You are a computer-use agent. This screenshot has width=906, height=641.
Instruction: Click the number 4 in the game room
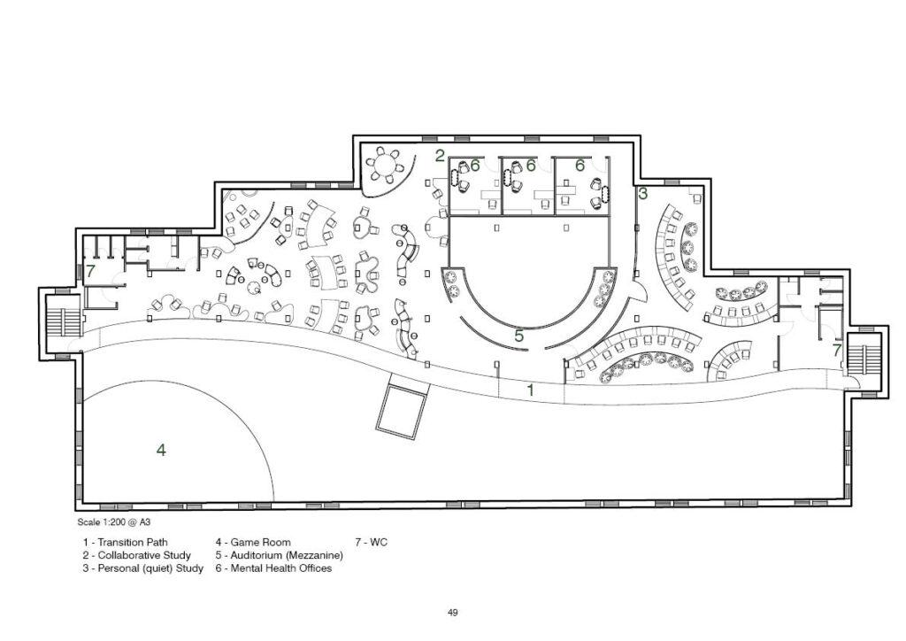161,450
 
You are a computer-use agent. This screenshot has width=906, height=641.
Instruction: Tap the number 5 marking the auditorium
518,336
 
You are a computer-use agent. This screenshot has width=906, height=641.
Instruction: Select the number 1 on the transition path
531,390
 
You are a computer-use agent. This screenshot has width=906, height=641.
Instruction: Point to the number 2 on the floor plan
441,156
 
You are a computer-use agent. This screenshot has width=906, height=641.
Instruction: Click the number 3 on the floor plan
642,194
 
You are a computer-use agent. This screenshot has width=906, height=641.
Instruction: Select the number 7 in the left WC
91,271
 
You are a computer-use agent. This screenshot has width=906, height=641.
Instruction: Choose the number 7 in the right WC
837,350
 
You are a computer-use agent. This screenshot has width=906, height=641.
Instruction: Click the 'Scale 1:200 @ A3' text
114,522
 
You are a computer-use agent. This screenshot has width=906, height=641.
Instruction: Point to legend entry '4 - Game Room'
253,542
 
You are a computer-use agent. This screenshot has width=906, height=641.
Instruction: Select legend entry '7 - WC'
372,542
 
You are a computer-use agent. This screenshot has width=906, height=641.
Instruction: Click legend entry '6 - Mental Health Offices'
274,568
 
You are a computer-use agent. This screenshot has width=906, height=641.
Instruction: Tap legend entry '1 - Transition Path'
126,542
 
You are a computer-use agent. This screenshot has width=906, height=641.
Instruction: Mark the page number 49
453,613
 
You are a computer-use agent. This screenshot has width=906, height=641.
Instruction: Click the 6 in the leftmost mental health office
475,166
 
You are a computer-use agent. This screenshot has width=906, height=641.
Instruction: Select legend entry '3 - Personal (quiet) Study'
142,568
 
